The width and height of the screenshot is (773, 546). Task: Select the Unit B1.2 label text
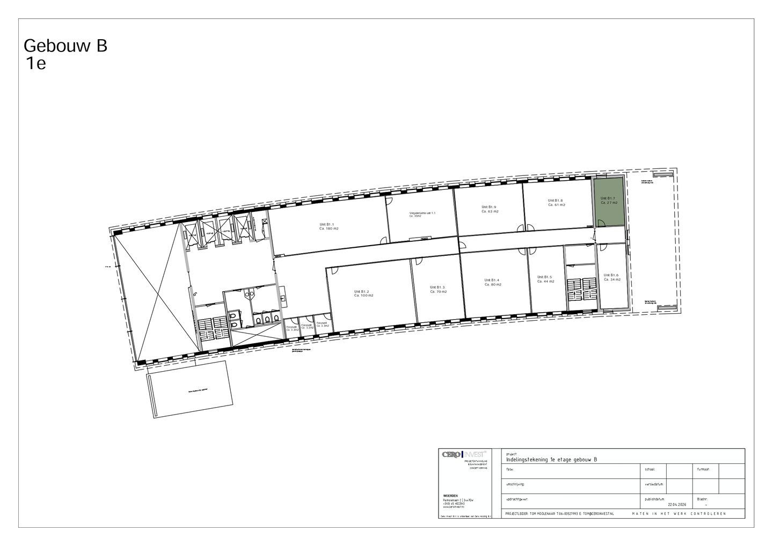point(363,293)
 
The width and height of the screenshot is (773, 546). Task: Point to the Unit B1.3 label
point(437,289)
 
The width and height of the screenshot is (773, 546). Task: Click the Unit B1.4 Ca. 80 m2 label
point(492,282)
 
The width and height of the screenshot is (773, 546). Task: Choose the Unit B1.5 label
point(545,279)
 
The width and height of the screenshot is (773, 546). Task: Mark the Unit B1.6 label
point(611,277)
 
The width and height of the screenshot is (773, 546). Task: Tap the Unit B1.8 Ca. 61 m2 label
point(556,203)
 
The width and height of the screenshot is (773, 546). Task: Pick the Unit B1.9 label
point(489,209)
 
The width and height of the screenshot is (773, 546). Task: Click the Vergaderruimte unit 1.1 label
point(422,213)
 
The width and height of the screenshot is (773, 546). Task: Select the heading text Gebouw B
point(65,46)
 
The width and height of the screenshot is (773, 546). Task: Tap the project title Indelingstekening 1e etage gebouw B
point(551,460)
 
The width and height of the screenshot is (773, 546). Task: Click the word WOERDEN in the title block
point(450,496)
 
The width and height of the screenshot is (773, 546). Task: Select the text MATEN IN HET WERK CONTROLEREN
point(679,514)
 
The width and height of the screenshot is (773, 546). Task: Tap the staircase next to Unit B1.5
point(581,290)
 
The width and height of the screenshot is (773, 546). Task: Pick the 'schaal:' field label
point(650,469)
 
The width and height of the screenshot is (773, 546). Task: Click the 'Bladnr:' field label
point(702,498)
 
